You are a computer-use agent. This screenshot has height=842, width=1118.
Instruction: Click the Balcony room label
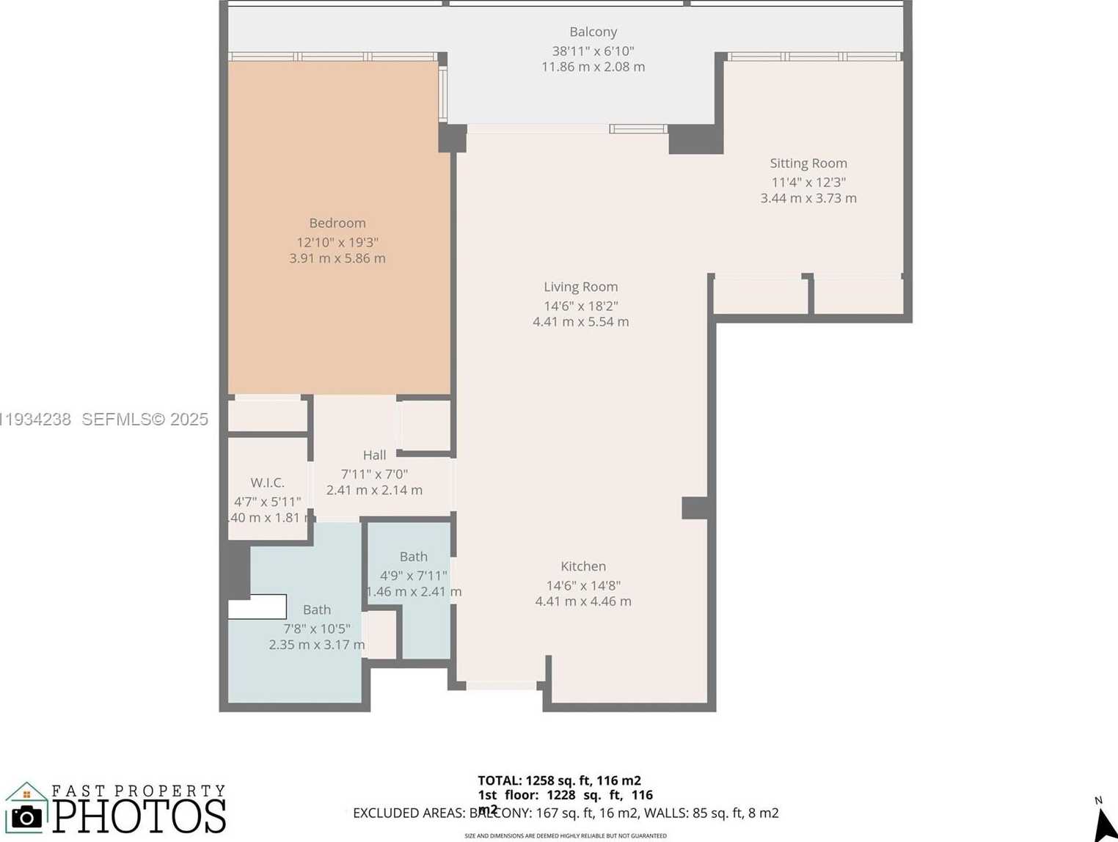click(593, 32)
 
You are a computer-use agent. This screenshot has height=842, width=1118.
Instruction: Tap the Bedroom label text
click(337, 223)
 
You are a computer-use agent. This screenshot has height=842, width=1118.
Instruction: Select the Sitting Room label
click(808, 163)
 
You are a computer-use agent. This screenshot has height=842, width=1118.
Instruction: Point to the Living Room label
click(580, 287)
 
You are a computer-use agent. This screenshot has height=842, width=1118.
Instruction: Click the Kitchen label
click(582, 566)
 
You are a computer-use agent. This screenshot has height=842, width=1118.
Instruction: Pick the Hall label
click(374, 455)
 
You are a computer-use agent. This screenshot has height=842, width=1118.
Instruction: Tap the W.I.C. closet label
click(267, 483)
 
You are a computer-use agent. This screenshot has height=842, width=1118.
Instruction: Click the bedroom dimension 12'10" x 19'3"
click(337, 242)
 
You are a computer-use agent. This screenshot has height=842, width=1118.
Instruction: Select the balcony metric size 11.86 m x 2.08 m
click(593, 67)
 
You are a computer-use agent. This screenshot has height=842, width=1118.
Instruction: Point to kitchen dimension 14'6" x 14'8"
click(582, 585)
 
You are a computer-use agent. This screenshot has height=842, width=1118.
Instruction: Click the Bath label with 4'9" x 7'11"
click(413, 557)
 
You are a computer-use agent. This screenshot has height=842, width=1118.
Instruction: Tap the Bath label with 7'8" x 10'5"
click(316, 609)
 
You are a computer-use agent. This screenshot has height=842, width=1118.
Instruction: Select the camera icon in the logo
click(27, 816)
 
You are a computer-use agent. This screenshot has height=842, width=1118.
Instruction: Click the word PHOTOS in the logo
click(139, 816)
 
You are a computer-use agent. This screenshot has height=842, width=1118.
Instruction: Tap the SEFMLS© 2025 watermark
click(145, 420)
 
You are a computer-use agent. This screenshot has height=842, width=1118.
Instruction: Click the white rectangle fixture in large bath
click(257, 607)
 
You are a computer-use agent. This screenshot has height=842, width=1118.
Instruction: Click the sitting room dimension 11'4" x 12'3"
click(808, 182)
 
